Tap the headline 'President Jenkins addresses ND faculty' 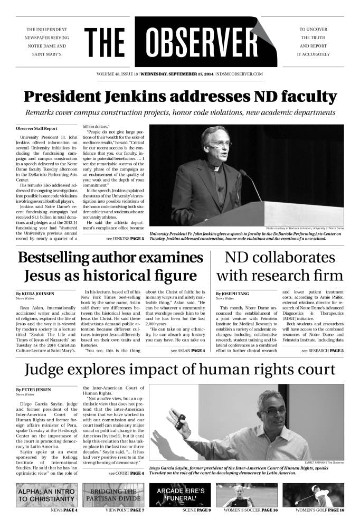[x=180, y=97]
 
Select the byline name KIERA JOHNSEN [x=35, y=293]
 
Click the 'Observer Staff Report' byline [x=36, y=128]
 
